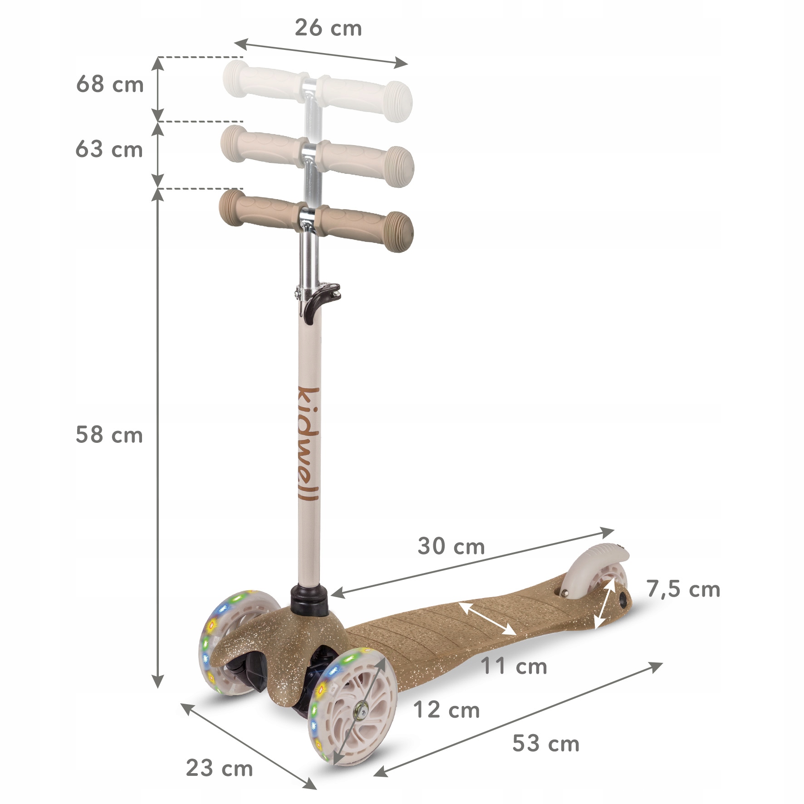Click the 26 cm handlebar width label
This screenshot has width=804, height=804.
[328, 28]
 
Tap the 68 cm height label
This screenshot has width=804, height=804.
[110, 84]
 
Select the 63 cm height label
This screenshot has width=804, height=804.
[109, 149]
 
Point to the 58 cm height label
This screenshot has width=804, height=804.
[109, 435]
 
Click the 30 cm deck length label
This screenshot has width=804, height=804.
[451, 546]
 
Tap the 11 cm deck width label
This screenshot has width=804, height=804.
[514, 667]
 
